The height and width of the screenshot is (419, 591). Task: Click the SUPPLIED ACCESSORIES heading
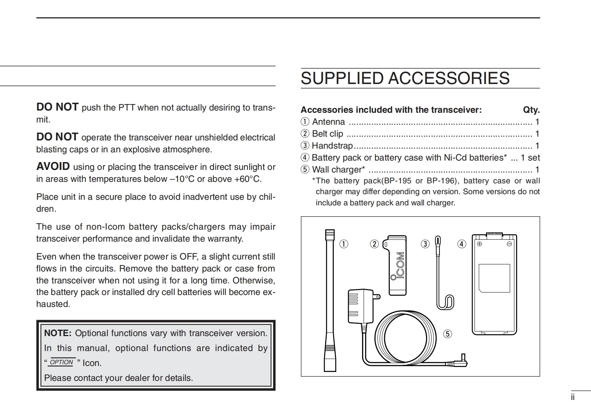coord(405,78)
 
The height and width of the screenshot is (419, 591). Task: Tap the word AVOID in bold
coord(53,167)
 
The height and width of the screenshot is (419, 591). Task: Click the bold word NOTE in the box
coord(57,333)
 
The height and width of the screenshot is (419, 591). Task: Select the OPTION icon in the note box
coord(62,362)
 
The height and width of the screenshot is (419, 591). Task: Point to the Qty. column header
coord(531,110)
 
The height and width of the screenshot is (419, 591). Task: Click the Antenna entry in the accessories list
coord(328,122)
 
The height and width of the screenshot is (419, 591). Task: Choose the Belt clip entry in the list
coord(327,134)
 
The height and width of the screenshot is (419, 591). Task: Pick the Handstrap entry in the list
coord(332,146)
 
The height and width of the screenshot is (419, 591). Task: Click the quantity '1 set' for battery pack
coord(530,158)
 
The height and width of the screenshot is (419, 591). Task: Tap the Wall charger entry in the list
coord(338,170)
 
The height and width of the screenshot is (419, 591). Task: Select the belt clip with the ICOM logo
coord(397,265)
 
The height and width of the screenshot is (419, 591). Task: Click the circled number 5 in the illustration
coord(447,334)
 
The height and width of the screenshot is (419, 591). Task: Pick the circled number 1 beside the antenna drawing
coord(343,244)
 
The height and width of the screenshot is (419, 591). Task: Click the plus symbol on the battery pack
coord(479,244)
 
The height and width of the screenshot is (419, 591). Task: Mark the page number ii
coord(573,397)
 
